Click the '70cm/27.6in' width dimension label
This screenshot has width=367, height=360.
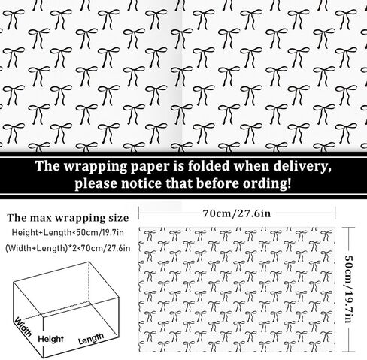click(237, 213)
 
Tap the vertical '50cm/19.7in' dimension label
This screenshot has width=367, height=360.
click(348, 289)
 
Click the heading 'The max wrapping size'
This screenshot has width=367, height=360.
click(68, 218)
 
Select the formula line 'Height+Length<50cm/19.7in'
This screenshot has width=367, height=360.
click(68, 233)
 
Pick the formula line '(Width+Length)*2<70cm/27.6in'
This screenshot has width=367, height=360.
click(68, 248)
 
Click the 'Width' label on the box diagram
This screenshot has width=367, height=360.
click(23, 327)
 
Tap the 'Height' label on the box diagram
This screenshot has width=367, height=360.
click(50, 339)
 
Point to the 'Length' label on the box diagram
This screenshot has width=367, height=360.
click(91, 339)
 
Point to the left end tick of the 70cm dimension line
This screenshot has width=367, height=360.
click(139, 213)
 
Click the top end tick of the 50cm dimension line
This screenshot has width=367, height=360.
click(349, 228)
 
